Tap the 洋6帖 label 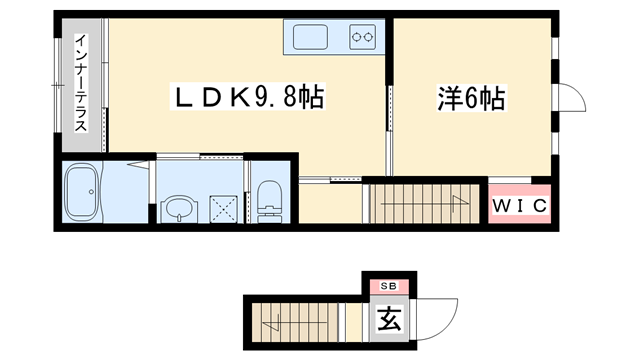point(470,98)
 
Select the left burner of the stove point(355,38)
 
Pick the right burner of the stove point(368,38)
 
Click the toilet point(270,200)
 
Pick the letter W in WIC point(502,207)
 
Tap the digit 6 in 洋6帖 point(470,98)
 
